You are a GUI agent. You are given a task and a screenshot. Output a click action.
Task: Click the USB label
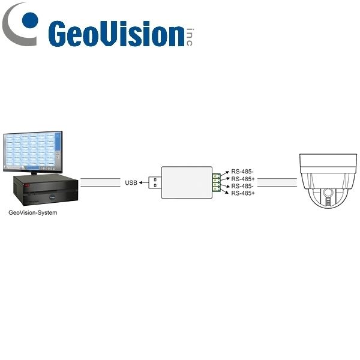[131, 183]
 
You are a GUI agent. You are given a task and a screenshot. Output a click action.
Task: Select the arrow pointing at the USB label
[144, 183]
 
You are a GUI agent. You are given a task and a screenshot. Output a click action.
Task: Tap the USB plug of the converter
[155, 182]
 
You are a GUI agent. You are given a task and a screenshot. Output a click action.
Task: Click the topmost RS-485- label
[242, 172]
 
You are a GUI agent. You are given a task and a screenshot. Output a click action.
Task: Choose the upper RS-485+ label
[243, 179]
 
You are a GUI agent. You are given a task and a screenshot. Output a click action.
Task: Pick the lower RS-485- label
[242, 186]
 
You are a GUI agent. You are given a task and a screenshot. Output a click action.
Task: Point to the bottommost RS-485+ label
[243, 193]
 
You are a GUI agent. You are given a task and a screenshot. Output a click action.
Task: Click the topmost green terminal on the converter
[216, 176]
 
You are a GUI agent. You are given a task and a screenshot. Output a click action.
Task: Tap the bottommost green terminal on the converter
[216, 189]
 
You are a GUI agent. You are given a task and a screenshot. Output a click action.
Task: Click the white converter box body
[187, 182]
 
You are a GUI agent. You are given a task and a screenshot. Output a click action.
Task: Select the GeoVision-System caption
[33, 212]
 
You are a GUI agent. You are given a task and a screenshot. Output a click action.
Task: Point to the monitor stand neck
[34, 173]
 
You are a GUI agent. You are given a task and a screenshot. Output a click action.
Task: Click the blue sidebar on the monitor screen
[58, 142]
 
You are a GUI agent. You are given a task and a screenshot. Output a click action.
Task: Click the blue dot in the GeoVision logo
[30, 20]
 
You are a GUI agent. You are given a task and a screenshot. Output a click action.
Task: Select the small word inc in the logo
[189, 37]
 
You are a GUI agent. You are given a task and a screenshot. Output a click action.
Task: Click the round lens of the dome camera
[328, 192]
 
